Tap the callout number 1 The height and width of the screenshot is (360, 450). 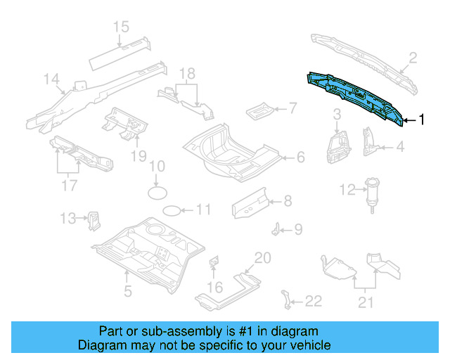click(x=421, y=120)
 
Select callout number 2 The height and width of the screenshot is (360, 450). click(x=413, y=58)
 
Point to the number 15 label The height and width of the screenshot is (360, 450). click(x=121, y=27)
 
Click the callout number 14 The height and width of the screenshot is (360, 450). click(x=52, y=80)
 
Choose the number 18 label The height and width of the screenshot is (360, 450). click(x=186, y=74)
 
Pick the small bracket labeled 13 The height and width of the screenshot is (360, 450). click(x=93, y=220)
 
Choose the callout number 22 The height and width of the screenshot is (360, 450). click(x=313, y=302)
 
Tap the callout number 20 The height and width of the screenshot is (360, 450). click(x=262, y=258)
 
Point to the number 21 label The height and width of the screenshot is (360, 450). click(x=365, y=303)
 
